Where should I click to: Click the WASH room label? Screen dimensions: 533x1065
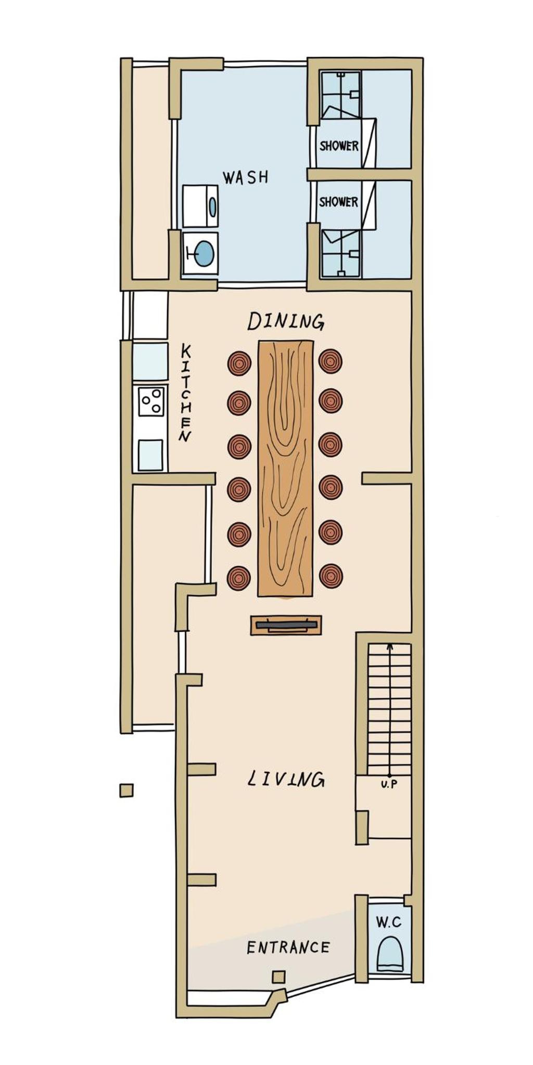coord(246,177)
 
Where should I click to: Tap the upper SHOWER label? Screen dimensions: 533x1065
coord(339,146)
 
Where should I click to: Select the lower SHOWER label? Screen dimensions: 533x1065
coord(338,202)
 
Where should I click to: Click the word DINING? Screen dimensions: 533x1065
coord(286,321)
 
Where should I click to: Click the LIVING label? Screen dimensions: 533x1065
coord(286,779)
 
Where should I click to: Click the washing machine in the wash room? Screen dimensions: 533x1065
coord(201,206)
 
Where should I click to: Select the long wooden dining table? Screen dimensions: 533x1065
coord(286,469)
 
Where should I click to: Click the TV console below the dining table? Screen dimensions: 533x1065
coord(286,625)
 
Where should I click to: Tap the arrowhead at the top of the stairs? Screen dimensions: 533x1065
coord(389,646)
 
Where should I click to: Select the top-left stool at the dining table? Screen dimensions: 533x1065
coord(239,363)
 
